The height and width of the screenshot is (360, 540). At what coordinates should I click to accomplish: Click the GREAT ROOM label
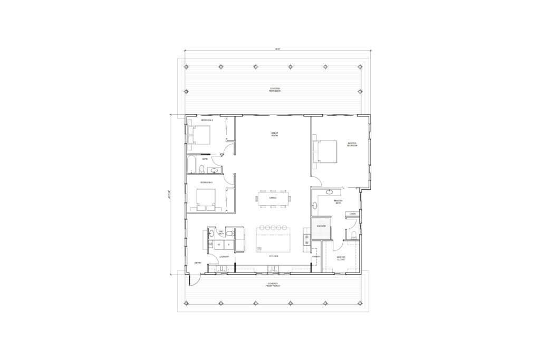pyautogui.click(x=274, y=134)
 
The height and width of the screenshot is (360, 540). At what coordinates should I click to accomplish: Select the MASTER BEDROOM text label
pyautogui.click(x=352, y=144)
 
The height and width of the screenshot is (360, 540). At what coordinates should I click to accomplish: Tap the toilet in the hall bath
pyautogui.click(x=201, y=169)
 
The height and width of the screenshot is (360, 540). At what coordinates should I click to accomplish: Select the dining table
pyautogui.click(x=273, y=198)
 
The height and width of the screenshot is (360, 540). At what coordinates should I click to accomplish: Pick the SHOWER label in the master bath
pyautogui.click(x=321, y=226)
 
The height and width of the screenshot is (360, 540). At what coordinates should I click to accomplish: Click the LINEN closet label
pyautogui.click(x=352, y=213)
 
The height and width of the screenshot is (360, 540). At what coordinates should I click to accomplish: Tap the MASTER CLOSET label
pyautogui.click(x=341, y=258)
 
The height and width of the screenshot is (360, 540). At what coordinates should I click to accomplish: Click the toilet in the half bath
pyautogui.click(x=211, y=233)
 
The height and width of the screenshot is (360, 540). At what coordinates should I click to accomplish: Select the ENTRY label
pyautogui.click(x=198, y=262)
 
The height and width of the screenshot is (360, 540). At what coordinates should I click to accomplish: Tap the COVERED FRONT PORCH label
pyautogui.click(x=273, y=285)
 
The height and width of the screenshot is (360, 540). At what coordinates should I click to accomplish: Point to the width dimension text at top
pyautogui.click(x=277, y=49)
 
